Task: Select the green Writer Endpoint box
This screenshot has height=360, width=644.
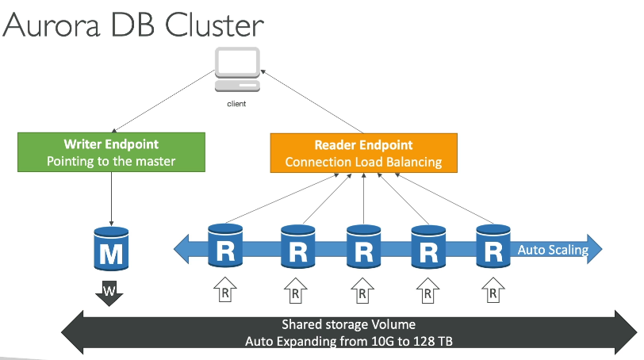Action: pyautogui.click(x=111, y=152)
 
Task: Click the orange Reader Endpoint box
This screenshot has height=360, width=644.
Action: pyautogui.click(x=363, y=152)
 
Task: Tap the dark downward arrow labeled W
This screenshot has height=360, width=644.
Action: pyautogui.click(x=110, y=293)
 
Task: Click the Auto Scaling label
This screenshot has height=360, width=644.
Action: pyautogui.click(x=553, y=251)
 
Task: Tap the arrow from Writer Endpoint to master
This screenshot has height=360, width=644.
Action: pyautogui.click(x=111, y=198)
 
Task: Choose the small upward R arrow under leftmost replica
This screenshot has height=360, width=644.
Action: pyautogui.click(x=225, y=291)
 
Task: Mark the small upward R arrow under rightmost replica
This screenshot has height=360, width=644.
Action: pyautogui.click(x=493, y=291)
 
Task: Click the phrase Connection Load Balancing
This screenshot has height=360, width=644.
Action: pyautogui.click(x=363, y=162)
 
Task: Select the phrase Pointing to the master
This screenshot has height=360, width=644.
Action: pyautogui.click(x=111, y=161)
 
